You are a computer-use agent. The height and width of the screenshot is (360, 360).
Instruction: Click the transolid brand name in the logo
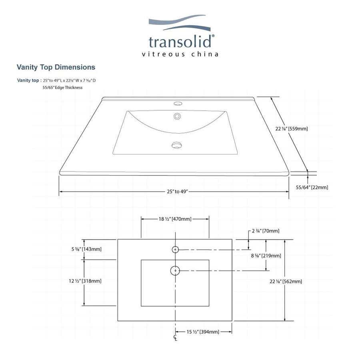click(181, 42)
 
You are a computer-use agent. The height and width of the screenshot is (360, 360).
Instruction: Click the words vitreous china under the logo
click(180, 54)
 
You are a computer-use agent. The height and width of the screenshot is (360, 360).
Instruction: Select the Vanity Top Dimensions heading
click(56, 67)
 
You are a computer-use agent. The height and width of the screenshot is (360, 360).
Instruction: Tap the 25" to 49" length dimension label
click(177, 192)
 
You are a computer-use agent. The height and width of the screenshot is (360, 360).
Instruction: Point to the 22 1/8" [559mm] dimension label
click(292, 129)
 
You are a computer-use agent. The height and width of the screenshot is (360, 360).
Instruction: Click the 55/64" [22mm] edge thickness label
click(312, 187)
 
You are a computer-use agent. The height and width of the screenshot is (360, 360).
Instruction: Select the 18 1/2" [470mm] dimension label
click(175, 219)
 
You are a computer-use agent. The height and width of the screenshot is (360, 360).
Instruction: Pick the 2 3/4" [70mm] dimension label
click(266, 231)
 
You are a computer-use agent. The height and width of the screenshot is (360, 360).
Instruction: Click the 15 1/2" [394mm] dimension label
click(203, 332)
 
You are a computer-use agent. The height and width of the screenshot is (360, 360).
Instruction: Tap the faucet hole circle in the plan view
click(175, 250)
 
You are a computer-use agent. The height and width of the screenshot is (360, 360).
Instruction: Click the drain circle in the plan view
click(175, 271)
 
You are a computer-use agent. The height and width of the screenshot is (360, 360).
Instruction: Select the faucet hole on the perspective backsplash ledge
click(177, 105)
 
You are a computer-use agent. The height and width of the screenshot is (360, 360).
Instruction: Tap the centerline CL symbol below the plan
click(175, 338)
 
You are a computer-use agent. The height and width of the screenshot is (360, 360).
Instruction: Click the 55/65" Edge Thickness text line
click(63, 88)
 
